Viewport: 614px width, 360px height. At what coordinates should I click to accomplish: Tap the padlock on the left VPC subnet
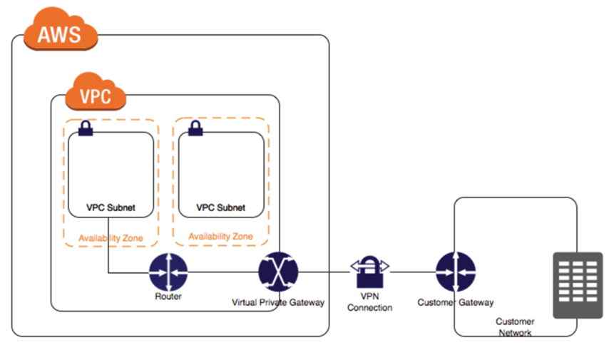point(86,128)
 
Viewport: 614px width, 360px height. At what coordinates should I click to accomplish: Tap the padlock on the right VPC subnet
point(195,128)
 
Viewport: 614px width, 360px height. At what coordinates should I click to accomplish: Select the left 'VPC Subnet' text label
point(111,208)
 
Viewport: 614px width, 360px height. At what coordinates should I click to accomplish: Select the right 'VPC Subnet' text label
point(221,208)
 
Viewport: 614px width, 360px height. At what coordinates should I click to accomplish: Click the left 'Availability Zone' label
point(111,237)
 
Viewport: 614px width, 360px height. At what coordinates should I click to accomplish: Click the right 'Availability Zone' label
point(221,236)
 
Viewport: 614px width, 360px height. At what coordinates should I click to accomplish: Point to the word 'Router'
point(168,297)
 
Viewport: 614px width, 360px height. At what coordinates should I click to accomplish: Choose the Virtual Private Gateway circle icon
point(278,272)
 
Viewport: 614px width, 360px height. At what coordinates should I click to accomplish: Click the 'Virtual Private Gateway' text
point(278,302)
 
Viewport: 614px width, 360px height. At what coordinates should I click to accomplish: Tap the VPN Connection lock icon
point(369,271)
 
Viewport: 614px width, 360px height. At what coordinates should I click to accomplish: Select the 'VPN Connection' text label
point(369,302)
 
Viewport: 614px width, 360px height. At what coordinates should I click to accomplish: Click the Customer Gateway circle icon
point(456,272)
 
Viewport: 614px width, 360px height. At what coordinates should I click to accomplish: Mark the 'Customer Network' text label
point(515,327)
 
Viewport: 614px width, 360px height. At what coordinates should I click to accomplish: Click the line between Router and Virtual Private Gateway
point(222,272)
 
